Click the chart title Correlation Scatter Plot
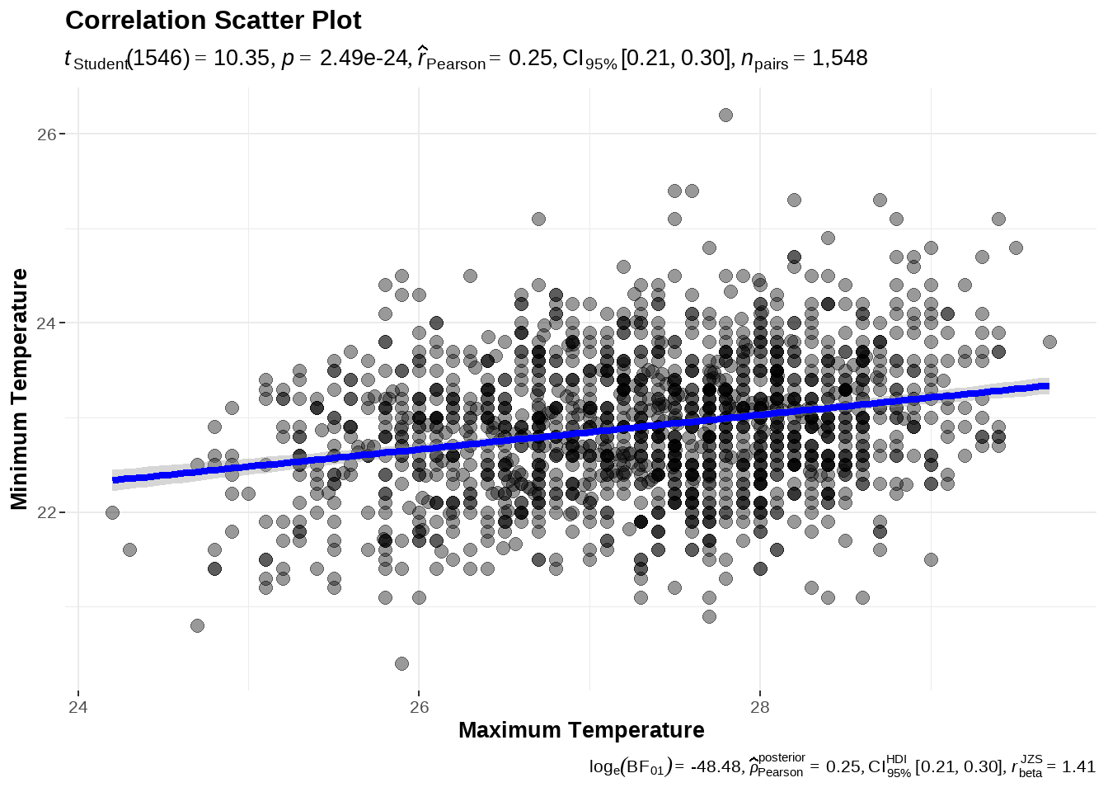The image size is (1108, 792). tap(213, 21)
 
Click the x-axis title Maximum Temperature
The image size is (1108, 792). tap(581, 730)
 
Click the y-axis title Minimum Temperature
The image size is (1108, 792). tap(20, 389)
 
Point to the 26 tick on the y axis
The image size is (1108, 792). tap(46, 134)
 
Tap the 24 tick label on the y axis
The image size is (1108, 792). tap(46, 323)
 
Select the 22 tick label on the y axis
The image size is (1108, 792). tap(46, 512)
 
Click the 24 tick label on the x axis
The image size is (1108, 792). tap(78, 707)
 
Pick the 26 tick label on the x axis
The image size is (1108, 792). tap(419, 707)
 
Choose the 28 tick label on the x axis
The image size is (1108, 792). tap(759, 707)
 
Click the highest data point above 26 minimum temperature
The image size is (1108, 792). tap(725, 115)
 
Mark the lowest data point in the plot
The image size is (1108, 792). tap(401, 663)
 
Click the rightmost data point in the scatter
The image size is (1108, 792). tap(1049, 342)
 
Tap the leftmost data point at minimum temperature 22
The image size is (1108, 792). tap(112, 512)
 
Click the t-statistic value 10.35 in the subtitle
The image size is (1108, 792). tap(242, 59)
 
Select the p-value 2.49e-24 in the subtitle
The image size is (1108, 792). tap(364, 59)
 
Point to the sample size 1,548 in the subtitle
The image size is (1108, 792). tap(839, 59)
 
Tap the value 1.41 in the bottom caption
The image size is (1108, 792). tap(1078, 766)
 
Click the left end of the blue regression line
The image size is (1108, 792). tap(114, 480)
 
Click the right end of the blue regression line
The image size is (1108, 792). tap(1048, 385)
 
